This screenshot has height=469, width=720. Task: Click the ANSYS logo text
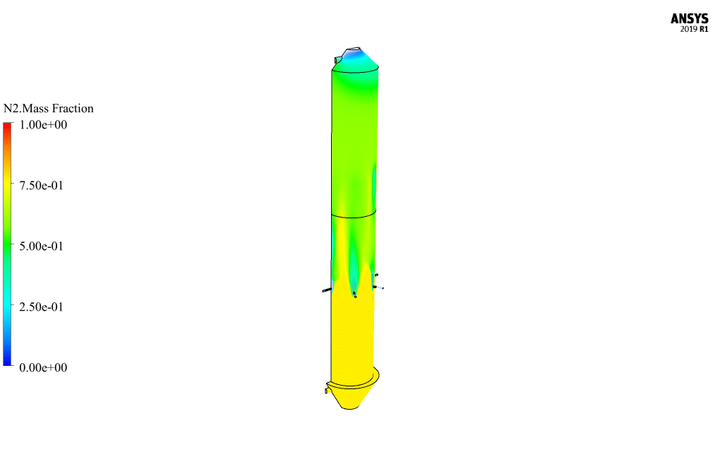689,18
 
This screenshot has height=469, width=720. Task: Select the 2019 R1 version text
694,29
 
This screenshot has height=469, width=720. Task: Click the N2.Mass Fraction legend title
48,108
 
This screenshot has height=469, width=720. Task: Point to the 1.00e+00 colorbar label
43,125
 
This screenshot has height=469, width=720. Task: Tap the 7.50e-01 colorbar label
42,186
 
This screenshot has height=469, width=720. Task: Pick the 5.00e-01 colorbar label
42,247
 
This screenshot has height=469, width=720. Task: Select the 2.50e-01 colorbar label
42,307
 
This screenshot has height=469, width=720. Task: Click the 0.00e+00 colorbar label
43,367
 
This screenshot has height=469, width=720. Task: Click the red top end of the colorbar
7,126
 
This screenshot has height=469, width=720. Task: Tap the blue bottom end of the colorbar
7,362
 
